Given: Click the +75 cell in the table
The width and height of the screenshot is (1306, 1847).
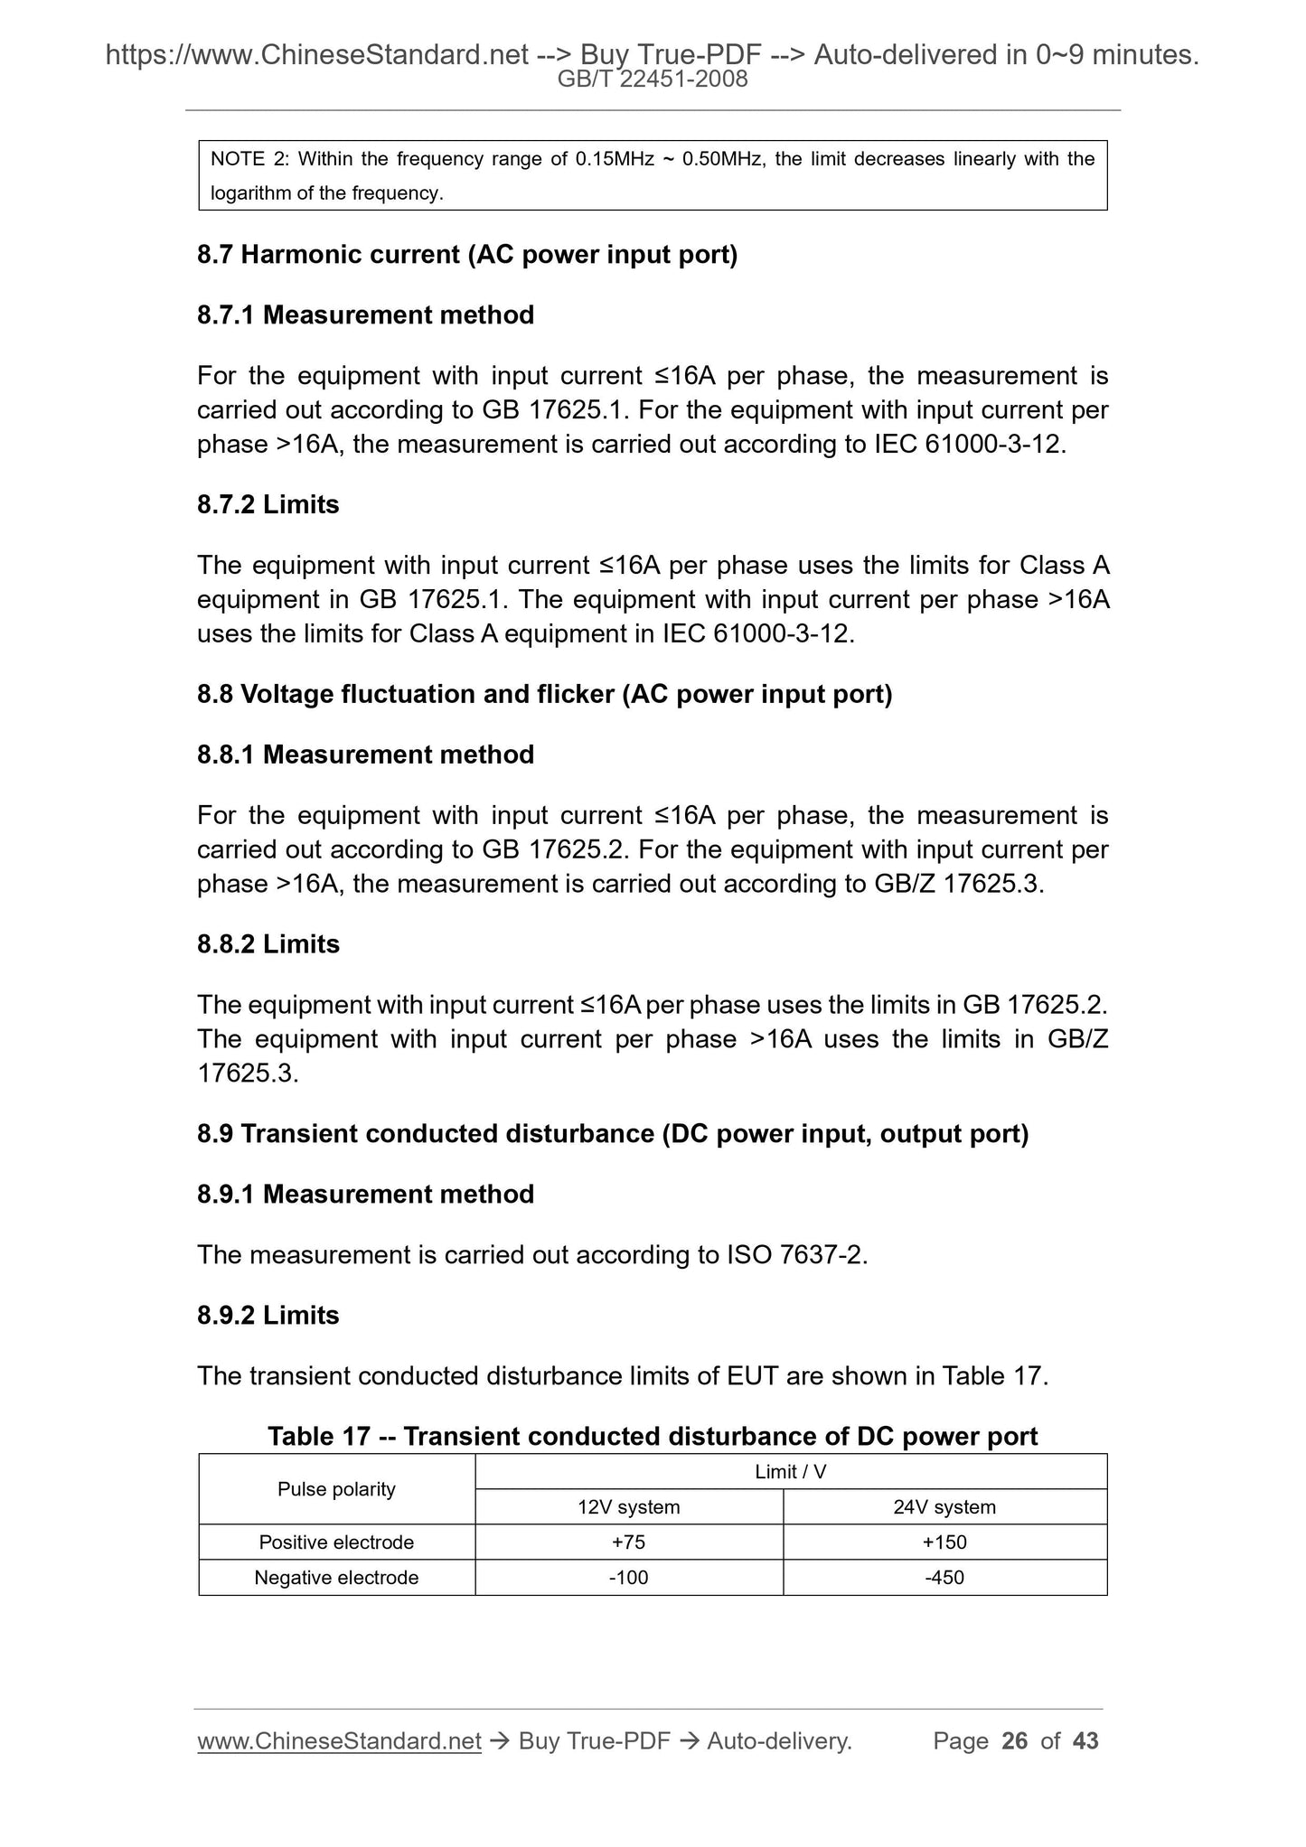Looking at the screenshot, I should (628, 1542).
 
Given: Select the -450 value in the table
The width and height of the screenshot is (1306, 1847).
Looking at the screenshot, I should (944, 1577).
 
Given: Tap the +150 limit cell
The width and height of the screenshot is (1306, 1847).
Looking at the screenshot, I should (944, 1542).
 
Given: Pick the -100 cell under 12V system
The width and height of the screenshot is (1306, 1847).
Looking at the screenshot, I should (628, 1577).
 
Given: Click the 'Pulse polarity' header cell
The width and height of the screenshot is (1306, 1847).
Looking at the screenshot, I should (336, 1488).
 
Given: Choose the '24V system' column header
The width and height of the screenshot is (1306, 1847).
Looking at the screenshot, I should (944, 1506).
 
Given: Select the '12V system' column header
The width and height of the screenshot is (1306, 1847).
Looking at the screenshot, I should (628, 1506).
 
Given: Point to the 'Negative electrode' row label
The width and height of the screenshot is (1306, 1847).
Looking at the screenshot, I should (336, 1577).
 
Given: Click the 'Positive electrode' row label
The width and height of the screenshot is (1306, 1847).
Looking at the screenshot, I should (336, 1542).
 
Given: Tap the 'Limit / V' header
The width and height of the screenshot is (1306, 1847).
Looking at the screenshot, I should (790, 1471).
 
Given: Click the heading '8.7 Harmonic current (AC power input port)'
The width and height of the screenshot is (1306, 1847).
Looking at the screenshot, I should (467, 255).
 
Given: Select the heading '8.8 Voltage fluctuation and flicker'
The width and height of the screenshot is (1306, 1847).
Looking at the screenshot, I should (544, 694).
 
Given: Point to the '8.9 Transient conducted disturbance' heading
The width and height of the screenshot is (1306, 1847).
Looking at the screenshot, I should (613, 1133).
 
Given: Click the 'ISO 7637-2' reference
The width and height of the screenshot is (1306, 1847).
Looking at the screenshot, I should (795, 1254).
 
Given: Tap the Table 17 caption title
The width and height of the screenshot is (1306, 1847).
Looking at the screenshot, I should (653, 1436).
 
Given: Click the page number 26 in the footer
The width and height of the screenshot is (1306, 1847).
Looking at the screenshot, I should (1015, 1740).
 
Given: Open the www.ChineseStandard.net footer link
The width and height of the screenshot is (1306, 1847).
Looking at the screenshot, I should (339, 1740).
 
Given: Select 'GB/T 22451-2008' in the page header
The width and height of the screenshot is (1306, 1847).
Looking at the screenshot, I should (653, 80).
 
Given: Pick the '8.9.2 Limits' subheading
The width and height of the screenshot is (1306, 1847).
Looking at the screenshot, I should (268, 1315).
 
